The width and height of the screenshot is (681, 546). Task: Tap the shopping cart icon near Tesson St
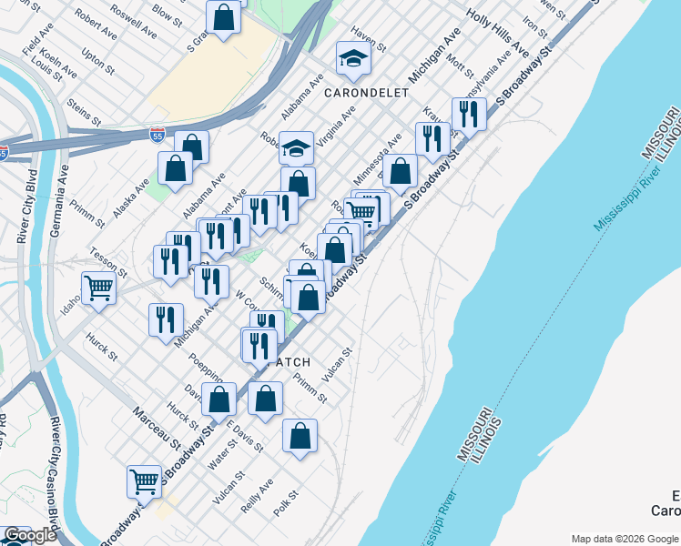point(98,288)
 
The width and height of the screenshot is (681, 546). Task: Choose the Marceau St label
point(158,427)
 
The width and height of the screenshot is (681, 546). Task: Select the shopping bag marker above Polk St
point(300,438)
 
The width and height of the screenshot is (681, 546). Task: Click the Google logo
point(30,535)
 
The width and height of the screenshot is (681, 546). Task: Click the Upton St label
point(97,62)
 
